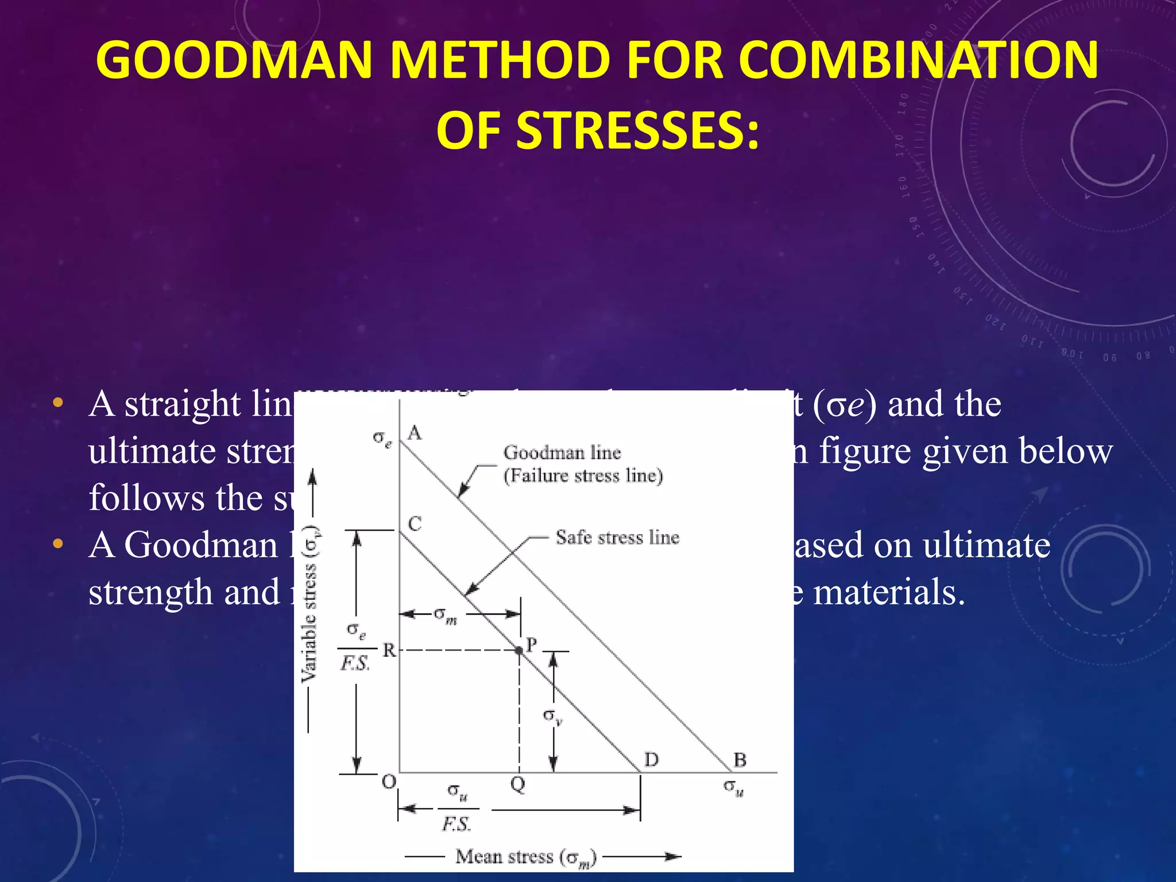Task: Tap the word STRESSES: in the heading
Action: (x=597, y=130)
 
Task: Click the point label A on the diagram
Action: (x=415, y=433)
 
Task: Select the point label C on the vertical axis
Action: (x=415, y=524)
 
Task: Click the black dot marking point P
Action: (x=519, y=651)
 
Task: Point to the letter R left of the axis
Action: (x=389, y=651)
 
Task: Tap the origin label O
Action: (x=389, y=782)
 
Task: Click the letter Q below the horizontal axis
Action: (x=517, y=784)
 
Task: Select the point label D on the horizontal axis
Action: (x=651, y=760)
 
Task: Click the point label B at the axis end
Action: (x=740, y=760)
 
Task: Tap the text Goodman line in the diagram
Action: (x=562, y=452)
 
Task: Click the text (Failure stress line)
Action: (x=583, y=475)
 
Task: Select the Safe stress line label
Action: (x=617, y=537)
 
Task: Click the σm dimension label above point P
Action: (x=445, y=616)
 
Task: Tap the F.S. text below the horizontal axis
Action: (x=457, y=825)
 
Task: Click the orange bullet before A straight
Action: (x=57, y=403)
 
